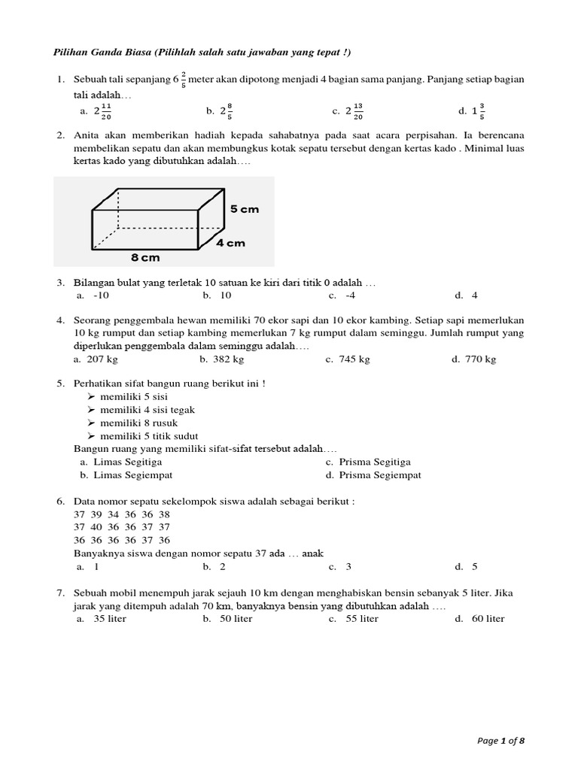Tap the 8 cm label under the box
[x=145, y=257]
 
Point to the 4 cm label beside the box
[x=230, y=243]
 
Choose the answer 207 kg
[x=104, y=359]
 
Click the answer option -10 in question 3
[x=102, y=296]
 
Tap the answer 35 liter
[x=110, y=619]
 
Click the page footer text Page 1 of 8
[x=501, y=741]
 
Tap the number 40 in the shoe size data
[x=96, y=527]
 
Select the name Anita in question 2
[x=89, y=135]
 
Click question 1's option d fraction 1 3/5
[x=478, y=111]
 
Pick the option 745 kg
[x=357, y=359]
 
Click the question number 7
[x=59, y=593]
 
